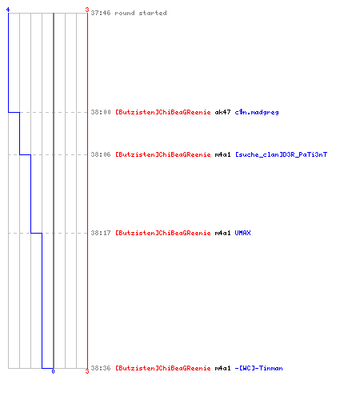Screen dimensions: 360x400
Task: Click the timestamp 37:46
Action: pos(101,13)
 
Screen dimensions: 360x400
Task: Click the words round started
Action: pos(141,13)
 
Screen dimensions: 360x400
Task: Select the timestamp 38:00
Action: pos(101,112)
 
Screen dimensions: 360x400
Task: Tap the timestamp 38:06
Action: pos(101,154)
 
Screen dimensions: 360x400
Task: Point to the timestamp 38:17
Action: pos(101,233)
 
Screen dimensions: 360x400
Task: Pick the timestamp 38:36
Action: pos(101,368)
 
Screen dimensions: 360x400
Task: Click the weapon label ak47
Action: pos(222,112)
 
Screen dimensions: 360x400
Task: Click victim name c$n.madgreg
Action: pos(257,112)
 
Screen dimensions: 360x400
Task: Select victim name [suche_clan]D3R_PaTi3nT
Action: pos(281,154)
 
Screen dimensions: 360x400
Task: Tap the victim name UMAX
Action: pos(242,233)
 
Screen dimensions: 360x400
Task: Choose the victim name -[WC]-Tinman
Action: pos(258,368)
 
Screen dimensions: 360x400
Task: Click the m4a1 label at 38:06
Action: pos(222,154)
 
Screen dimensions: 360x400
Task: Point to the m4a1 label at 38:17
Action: pos(222,233)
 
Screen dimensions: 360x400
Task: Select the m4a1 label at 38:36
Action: pos(222,368)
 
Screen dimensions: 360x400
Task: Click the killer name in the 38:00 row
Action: pos(163,112)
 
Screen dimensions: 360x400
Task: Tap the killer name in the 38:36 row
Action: pos(163,368)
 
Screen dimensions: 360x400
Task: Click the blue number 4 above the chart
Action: pos(8,10)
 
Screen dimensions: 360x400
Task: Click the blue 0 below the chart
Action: pos(53,371)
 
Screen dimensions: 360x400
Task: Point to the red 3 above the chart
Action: pos(87,10)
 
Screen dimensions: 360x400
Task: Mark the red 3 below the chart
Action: pos(87,371)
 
